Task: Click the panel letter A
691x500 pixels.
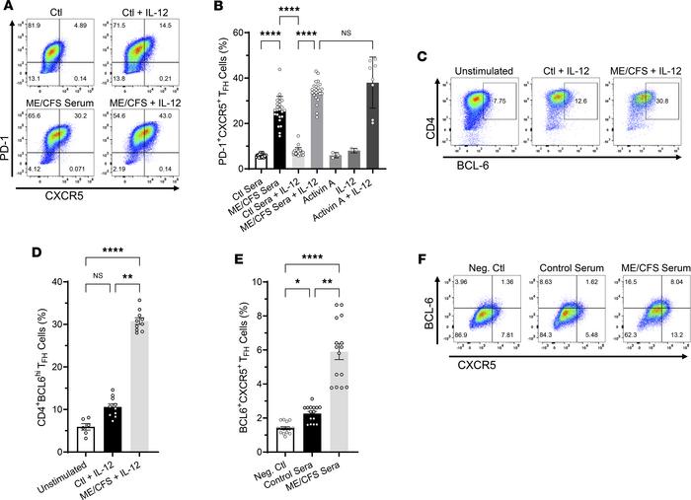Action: tap(8, 8)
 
